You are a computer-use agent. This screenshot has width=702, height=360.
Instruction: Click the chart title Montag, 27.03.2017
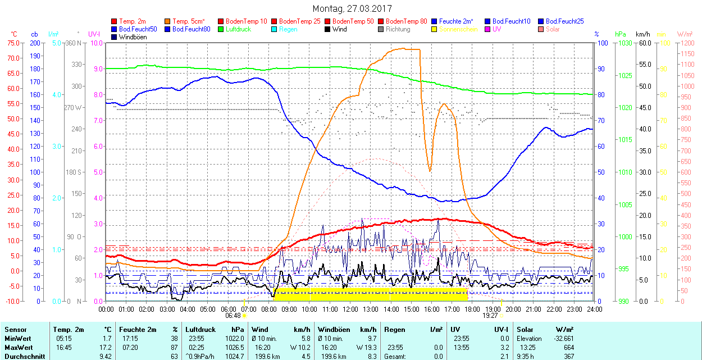tap(352, 8)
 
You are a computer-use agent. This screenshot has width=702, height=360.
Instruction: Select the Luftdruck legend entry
tap(238, 29)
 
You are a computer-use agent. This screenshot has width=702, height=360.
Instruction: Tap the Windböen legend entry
tap(132, 37)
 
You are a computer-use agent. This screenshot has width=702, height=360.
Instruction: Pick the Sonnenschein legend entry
tap(458, 29)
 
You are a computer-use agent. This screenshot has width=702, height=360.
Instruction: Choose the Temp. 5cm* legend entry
tap(188, 21)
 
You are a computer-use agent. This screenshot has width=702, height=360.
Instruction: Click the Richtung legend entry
tap(398, 29)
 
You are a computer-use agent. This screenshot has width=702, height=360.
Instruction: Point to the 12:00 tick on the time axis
tap(350, 308)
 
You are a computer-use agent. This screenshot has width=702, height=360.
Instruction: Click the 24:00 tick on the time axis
tap(594, 308)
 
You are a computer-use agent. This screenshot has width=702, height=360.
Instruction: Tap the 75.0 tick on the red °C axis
tap(12, 43)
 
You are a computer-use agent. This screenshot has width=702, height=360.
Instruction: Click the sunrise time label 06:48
tap(233, 316)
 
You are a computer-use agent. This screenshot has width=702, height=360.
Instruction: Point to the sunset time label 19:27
tap(490, 316)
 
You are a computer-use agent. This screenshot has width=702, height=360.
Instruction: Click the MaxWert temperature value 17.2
tap(106, 347)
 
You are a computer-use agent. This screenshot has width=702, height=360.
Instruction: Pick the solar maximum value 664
tap(568, 347)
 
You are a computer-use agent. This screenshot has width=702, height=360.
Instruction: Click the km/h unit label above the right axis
tap(644, 34)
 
